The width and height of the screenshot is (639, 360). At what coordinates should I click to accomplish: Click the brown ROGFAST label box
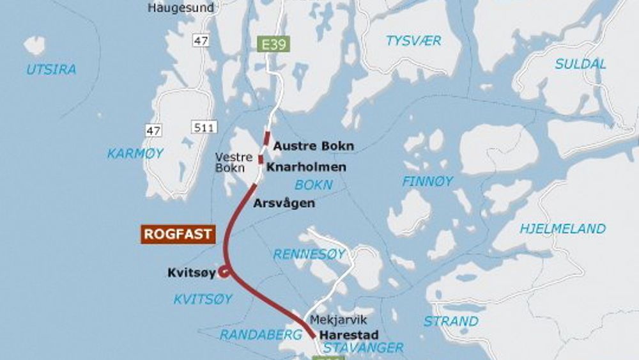coord(177,234)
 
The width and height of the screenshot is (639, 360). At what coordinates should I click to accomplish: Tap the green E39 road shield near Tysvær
coord(273,44)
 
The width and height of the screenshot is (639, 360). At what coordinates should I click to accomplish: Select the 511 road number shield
coord(204,127)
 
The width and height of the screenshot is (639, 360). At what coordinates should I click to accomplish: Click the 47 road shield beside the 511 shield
coord(153,130)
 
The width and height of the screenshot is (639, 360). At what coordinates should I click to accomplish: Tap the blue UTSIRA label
coord(51,70)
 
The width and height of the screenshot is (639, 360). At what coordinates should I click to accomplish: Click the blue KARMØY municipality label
coord(135,153)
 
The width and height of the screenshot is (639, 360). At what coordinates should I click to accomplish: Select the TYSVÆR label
coord(413,41)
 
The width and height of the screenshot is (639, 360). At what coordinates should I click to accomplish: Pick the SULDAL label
coord(580,64)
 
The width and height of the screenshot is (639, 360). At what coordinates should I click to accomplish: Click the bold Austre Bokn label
coord(313,146)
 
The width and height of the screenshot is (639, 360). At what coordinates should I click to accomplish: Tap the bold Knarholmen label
coord(306,168)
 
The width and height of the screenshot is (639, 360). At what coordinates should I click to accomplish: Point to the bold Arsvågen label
coord(284,203)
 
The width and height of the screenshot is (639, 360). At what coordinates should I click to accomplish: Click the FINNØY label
coord(427,182)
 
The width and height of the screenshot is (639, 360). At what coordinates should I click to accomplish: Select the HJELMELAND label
coord(562,229)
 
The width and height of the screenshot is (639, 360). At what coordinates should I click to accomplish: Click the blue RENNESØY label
coord(309,254)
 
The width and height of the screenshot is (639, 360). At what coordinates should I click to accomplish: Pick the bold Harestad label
coord(349,335)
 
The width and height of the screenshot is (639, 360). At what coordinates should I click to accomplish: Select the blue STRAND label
coord(450,321)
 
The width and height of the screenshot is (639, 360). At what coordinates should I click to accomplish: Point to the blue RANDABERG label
coord(261,335)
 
